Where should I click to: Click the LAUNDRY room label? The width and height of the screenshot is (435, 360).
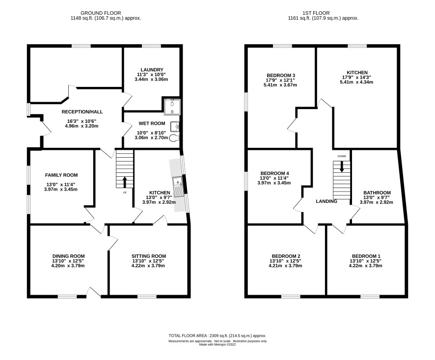coord(152,70)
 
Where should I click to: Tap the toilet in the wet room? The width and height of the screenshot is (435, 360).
coord(174,138)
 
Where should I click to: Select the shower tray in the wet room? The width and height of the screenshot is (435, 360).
coord(172,107)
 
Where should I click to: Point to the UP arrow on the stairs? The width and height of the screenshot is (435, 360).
coord(125,182)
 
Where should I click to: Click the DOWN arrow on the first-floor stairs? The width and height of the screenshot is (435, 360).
coord(342,166)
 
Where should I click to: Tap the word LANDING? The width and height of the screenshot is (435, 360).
coord(326,201)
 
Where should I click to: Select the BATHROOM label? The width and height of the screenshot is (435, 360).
coord(377,193)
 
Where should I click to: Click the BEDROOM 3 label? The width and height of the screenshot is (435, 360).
coord(281,76)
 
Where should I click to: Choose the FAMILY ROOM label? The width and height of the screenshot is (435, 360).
coord(61,175)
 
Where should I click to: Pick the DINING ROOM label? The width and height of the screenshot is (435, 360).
coord(69,256)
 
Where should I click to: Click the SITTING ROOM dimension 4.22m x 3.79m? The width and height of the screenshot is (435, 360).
coord(148,266)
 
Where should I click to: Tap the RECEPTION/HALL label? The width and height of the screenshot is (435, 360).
coord(82,112)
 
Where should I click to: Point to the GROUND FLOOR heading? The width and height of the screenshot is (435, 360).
coord(101,13)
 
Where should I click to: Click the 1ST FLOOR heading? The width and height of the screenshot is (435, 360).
coord(316,13)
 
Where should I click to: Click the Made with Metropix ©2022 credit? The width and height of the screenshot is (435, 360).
coord(217,344)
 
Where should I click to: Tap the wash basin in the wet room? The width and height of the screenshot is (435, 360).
coord(175,126)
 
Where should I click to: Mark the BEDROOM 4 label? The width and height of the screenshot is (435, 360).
coord(274,173)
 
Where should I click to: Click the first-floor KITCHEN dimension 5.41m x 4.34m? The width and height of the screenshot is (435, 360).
coord(356,82)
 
